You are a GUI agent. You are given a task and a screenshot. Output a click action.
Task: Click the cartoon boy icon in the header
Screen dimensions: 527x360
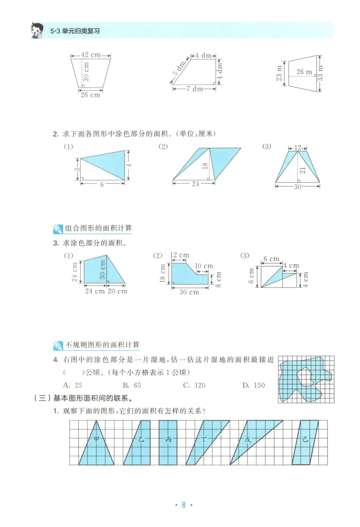tap(36, 30)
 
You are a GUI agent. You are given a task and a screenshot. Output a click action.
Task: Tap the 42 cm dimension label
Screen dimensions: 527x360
tap(90, 55)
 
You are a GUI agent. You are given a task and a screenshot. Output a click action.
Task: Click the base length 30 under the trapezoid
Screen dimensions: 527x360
tap(298, 186)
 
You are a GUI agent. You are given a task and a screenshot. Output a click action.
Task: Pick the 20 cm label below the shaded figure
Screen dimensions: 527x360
tap(117, 291)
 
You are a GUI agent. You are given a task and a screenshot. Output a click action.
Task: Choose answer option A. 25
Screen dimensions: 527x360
tap(73, 385)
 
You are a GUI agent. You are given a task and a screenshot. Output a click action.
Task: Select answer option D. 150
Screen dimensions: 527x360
tap(253, 385)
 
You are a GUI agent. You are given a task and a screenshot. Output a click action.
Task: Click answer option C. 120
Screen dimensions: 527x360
tap(194, 385)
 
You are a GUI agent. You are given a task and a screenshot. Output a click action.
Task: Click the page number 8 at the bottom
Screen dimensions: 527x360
tap(183, 504)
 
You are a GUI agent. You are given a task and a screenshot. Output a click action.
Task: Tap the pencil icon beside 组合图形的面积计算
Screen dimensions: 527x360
tap(58, 228)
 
